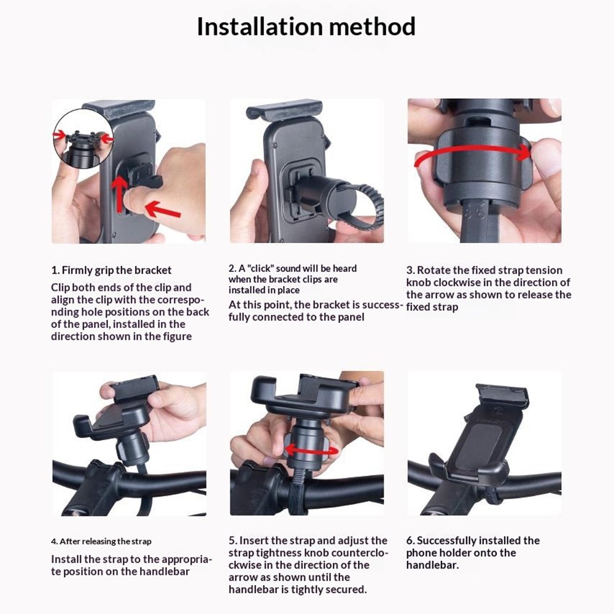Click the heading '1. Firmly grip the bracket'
coord(111,270)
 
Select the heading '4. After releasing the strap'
coord(101,542)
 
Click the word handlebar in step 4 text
coord(162,572)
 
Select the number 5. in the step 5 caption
coord(233,540)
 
